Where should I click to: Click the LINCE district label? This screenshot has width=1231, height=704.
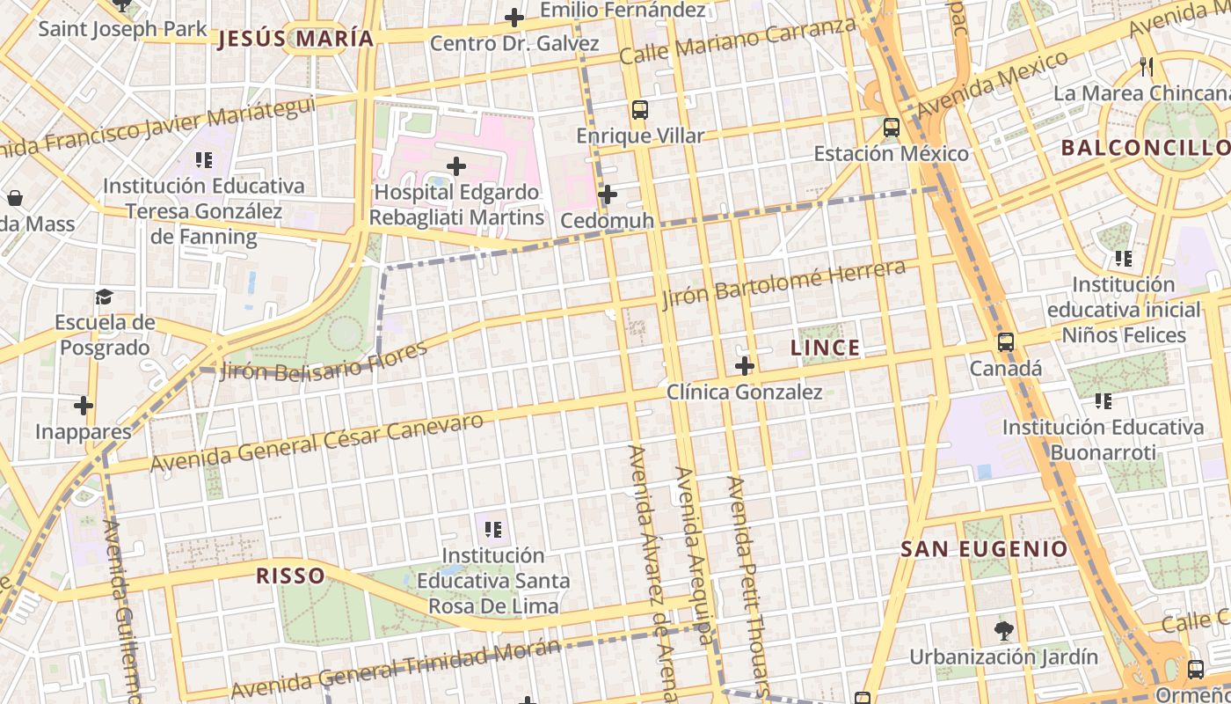coord(825,348)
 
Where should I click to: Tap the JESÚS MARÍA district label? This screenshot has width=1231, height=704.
coord(295,39)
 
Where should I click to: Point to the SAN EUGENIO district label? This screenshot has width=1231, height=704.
coord(984,549)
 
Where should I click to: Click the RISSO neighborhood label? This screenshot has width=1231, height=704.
coord(290,576)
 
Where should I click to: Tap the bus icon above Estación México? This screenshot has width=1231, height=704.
coord(892,128)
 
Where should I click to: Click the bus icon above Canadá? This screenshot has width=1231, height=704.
coord(1006,342)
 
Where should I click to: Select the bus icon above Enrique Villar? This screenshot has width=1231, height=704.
coord(640,110)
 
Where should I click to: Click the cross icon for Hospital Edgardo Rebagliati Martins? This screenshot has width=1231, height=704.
coord(456,165)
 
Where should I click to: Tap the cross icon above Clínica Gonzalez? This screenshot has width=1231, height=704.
coord(745,366)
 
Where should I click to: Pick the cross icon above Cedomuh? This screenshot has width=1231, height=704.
coord(607,194)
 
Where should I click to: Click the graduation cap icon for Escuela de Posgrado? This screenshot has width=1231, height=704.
coord(105,297)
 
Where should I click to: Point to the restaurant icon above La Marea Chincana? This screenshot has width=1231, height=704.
coord(1146,66)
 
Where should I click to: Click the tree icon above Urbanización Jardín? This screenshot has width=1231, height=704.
coord(1003,630)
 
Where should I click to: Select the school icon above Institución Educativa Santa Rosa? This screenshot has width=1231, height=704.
coord(493,530)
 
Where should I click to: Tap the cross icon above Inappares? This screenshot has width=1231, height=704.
coord(84,406)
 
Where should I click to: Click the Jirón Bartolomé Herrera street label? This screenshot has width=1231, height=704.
coord(783,283)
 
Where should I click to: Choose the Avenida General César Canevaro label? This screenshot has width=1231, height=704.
coord(317,442)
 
